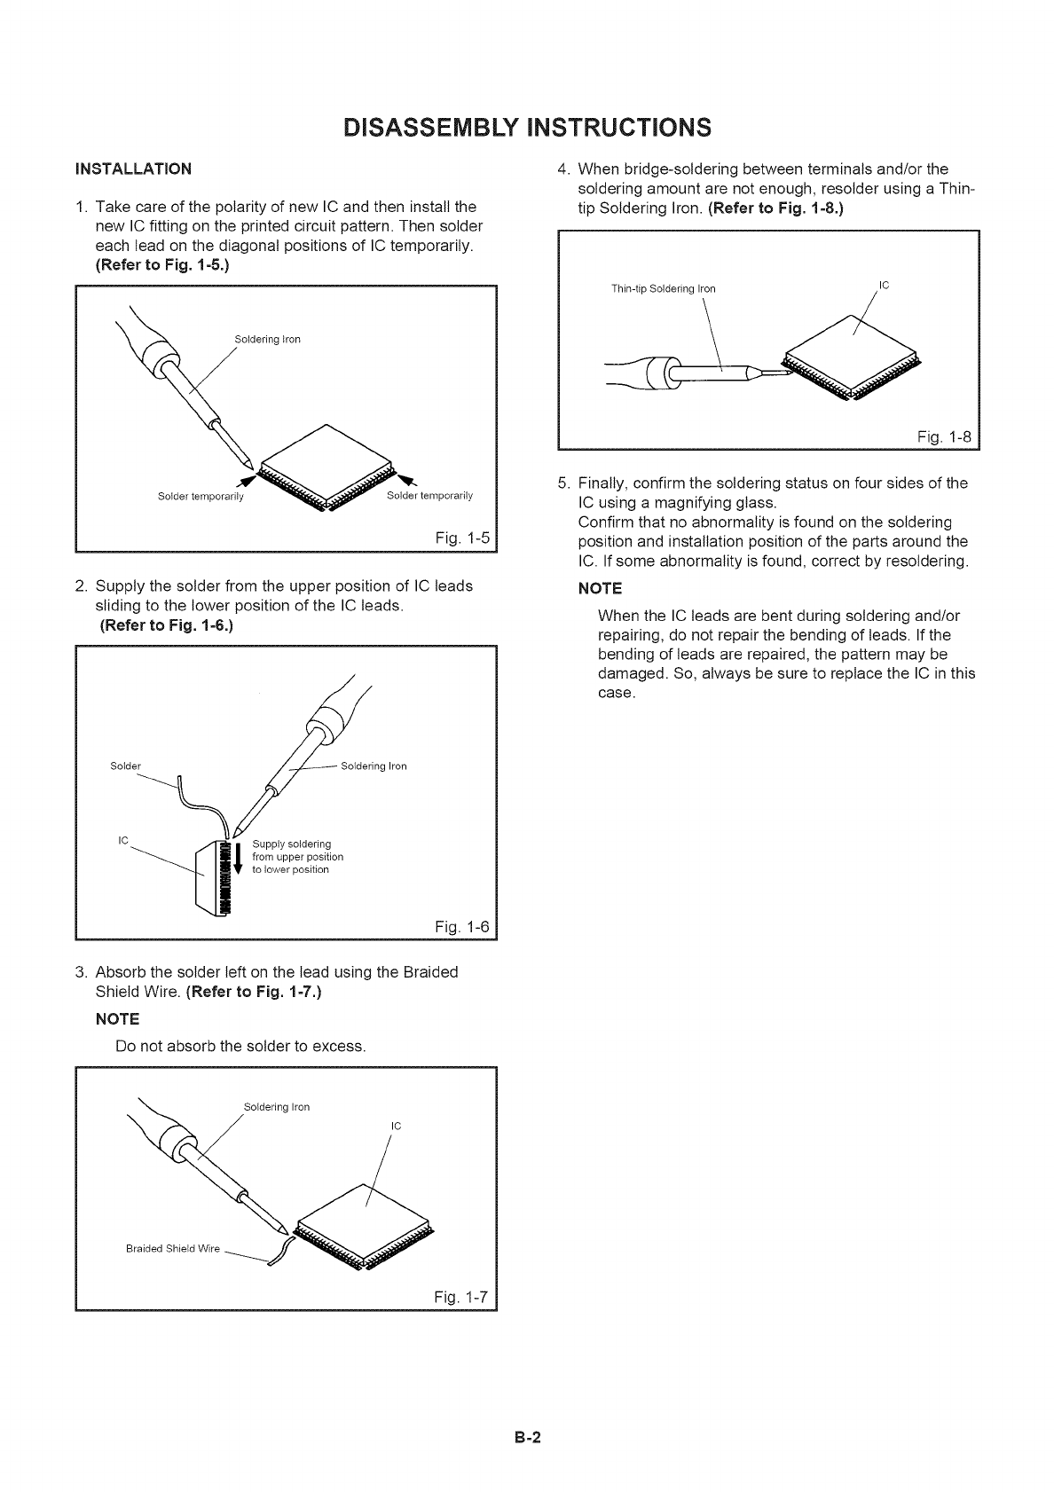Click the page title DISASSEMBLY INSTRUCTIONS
click(x=527, y=126)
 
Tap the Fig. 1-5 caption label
click(x=463, y=537)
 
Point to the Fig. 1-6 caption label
click(x=463, y=927)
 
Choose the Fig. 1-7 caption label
click(x=462, y=1297)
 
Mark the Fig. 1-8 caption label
click(x=943, y=436)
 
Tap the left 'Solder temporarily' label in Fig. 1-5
click(x=201, y=496)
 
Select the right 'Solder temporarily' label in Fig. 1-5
click(x=430, y=495)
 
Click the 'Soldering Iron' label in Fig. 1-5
click(x=267, y=340)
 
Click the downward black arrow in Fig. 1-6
click(x=238, y=858)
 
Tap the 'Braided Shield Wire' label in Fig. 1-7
click(x=173, y=1249)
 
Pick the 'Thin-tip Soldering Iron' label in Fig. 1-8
click(x=663, y=289)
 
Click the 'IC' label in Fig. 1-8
click(x=884, y=285)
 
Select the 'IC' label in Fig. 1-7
click(x=397, y=1127)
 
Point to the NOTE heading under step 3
click(x=117, y=1019)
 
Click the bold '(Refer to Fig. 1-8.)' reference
click(x=775, y=210)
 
